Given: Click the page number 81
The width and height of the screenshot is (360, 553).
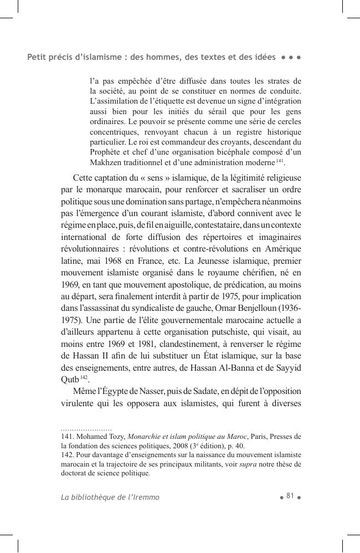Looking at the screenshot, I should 290,496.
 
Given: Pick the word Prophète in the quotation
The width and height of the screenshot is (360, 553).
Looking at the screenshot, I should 106,152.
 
